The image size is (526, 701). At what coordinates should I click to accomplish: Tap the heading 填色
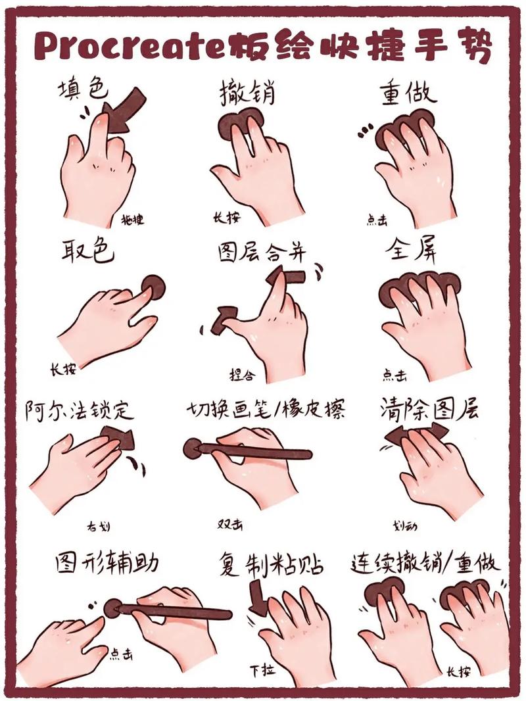(82, 89)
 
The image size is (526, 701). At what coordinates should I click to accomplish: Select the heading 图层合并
(262, 252)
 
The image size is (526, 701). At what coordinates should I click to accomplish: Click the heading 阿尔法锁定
(80, 410)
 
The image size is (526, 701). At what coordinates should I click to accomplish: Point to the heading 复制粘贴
(272, 565)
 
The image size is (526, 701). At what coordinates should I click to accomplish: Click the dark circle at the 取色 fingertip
(154, 287)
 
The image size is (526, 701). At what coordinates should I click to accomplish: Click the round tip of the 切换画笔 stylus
(192, 448)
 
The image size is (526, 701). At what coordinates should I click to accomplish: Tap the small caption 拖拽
(132, 220)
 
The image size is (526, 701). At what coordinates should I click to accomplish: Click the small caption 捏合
(241, 375)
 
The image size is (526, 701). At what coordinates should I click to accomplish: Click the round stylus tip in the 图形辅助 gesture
(112, 608)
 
